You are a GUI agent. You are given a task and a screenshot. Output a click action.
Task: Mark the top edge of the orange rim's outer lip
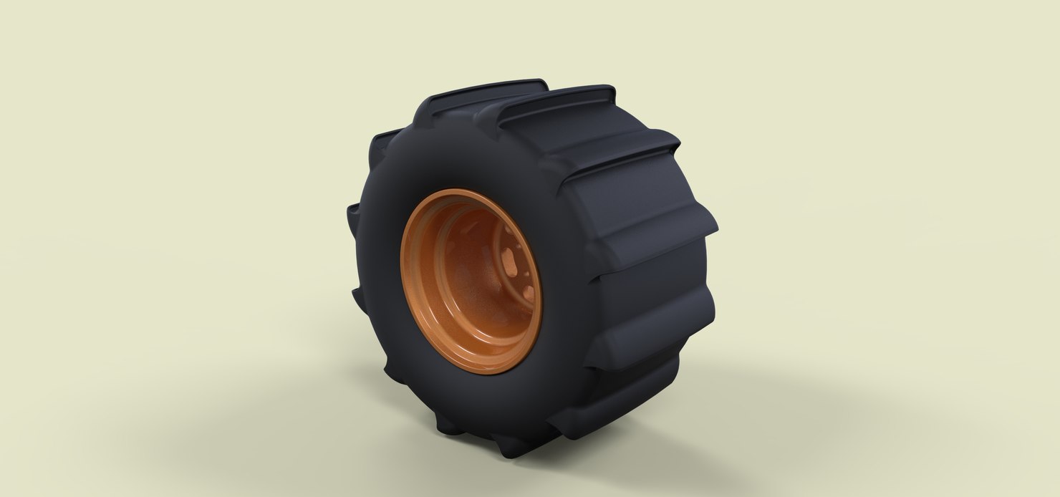pos(458,193)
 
